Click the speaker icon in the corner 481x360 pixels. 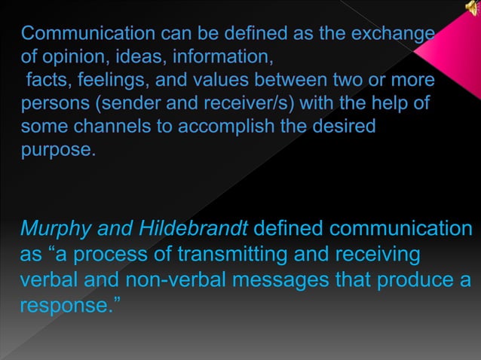click(x=472, y=8)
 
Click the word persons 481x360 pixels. click(x=51, y=102)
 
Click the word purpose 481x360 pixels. click(x=57, y=148)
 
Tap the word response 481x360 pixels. click(x=66, y=307)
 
